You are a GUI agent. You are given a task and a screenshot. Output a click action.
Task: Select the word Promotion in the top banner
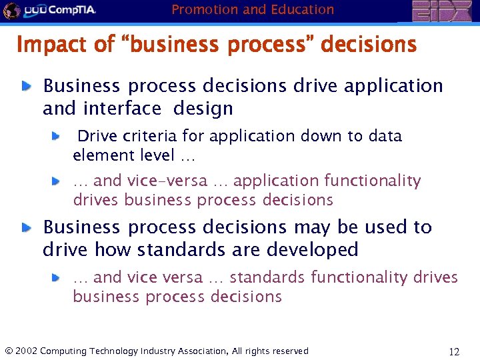pos(203,9)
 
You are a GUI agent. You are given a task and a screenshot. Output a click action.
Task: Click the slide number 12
pos(455,351)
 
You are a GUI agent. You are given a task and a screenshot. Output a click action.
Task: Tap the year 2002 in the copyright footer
pos(26,351)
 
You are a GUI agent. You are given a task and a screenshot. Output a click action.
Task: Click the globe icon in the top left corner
pos(11,10)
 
